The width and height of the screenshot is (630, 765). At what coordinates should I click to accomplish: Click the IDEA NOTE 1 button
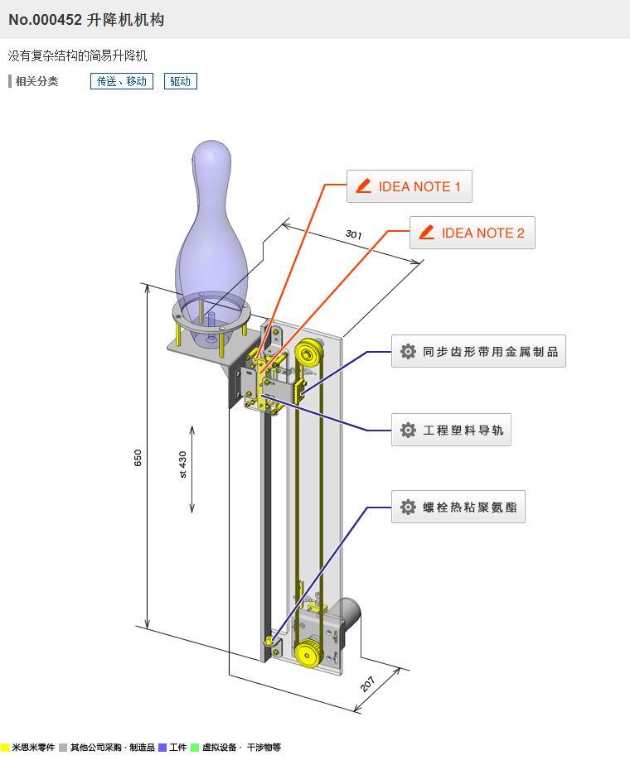[x=409, y=186]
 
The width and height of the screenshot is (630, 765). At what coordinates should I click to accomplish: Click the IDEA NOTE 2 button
[x=472, y=233]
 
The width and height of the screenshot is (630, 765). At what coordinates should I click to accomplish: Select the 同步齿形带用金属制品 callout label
[x=478, y=351]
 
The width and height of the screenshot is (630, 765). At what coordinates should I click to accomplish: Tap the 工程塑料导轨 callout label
[x=451, y=430]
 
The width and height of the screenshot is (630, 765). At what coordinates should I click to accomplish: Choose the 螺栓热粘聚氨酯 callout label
[x=458, y=507]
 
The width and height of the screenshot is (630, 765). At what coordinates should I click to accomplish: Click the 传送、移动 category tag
[x=122, y=81]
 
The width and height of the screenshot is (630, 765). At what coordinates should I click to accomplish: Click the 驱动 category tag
[x=180, y=81]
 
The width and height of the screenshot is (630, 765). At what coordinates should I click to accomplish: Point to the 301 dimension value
[x=354, y=235]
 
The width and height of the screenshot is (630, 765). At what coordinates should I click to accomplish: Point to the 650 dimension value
[x=138, y=458]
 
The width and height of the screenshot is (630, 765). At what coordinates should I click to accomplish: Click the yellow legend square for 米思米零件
[x=5, y=748]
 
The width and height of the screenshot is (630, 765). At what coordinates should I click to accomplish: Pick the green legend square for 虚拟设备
[x=195, y=748]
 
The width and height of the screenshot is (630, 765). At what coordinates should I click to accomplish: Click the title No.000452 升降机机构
[x=86, y=19]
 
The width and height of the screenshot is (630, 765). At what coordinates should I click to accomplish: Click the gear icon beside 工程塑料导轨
[x=408, y=430]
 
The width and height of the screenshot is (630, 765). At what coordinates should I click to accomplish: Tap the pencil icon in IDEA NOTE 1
[x=362, y=186]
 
